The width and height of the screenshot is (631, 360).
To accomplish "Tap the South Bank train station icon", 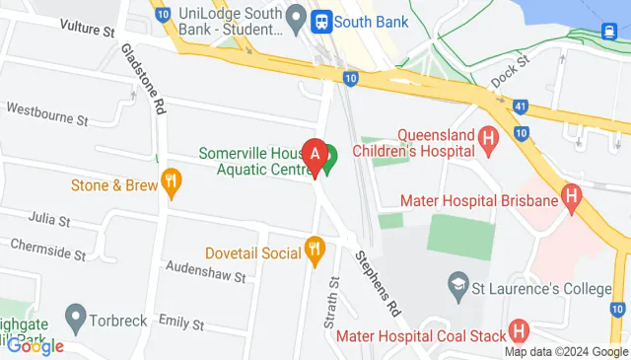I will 320,21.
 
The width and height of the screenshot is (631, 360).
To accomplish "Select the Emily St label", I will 180,323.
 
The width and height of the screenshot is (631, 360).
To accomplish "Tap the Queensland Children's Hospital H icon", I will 487,139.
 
